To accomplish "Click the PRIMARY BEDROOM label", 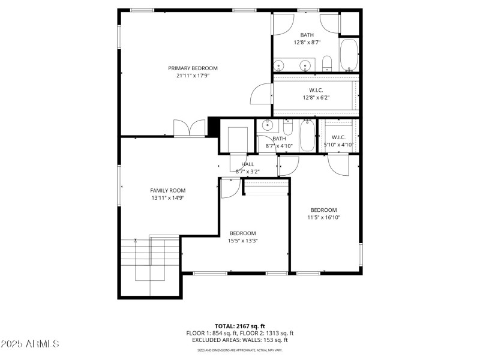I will click(193, 68).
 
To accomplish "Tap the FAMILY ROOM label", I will click(167, 190).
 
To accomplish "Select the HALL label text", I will click(247, 164).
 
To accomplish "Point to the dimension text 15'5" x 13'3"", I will click(243, 241).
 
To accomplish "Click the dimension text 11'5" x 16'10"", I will click(323, 217).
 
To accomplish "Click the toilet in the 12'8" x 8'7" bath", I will click(327, 63).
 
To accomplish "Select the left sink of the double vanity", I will click(280, 65).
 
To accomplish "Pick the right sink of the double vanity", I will click(306, 65).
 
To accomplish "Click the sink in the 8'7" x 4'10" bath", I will click(268, 126).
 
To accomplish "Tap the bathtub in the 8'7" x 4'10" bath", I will click(307, 135).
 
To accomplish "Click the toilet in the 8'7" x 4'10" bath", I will click(287, 127).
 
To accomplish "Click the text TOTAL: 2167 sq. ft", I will click(240, 326).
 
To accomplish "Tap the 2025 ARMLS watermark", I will click(29, 344).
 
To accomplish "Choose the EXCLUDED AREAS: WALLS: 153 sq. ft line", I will click(240, 340).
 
